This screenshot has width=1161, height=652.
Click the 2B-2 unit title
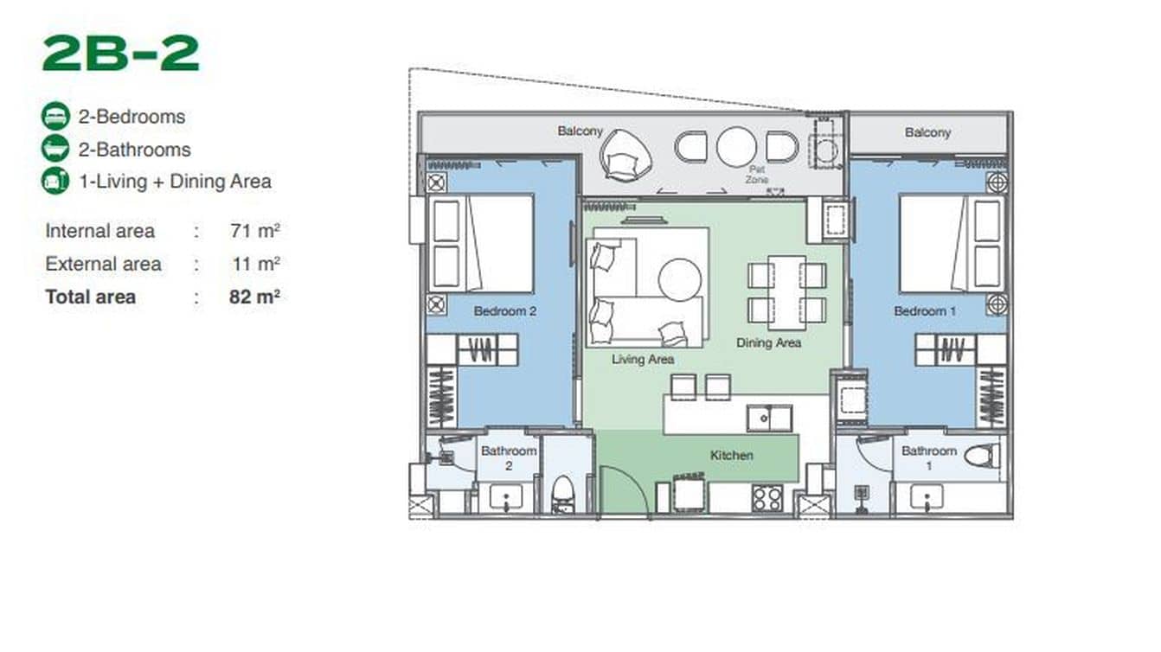coord(120,54)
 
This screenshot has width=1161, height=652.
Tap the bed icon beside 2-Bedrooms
coord(55,116)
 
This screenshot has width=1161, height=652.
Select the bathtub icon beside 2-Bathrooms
coord(55,149)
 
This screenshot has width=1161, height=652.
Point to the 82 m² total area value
coord(254,297)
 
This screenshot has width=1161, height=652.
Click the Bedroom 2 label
coord(505,311)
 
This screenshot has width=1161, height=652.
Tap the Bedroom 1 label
coord(925,311)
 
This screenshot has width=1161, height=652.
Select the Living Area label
coord(642,359)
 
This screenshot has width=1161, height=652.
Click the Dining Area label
coord(768,343)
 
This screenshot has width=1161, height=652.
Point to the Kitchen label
coord(731,455)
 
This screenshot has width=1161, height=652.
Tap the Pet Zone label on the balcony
coord(757,176)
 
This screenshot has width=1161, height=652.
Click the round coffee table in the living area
coord(679,279)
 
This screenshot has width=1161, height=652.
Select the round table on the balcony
coord(736,147)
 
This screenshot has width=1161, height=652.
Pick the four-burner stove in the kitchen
coord(766,498)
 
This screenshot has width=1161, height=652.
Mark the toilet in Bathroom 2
coord(563,495)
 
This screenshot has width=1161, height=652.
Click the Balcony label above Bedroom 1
coord(927,132)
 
